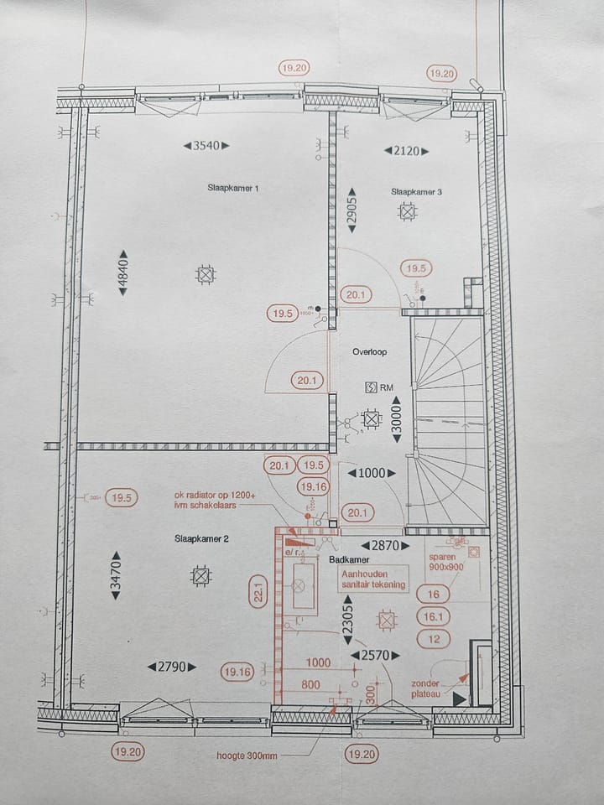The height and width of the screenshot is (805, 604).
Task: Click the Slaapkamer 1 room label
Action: click(x=232, y=189)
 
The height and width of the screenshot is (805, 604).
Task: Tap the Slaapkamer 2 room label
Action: click(x=201, y=538)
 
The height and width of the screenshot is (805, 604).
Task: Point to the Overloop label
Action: click(x=369, y=353)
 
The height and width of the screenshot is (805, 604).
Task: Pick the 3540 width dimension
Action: click(x=206, y=146)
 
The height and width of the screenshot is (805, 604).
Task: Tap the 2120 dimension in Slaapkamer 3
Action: click(x=407, y=151)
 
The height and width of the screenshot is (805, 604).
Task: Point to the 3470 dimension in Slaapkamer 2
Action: click(x=116, y=579)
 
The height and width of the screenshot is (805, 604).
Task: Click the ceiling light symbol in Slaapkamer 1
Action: click(x=205, y=273)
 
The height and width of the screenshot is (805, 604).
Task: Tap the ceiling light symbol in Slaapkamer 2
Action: click(x=200, y=576)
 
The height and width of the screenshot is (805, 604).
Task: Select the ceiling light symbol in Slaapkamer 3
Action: click(x=408, y=213)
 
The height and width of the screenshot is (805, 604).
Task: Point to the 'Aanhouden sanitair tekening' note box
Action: click(x=372, y=579)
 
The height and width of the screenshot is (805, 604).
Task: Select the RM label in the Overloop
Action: click(x=387, y=387)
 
